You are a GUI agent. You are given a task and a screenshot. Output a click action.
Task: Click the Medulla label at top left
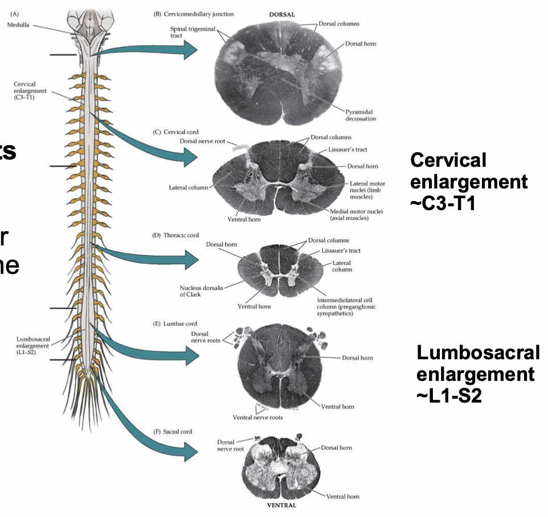24,24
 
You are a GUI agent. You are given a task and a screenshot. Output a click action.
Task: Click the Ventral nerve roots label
257,417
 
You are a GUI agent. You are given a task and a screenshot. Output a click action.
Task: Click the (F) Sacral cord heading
173,432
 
